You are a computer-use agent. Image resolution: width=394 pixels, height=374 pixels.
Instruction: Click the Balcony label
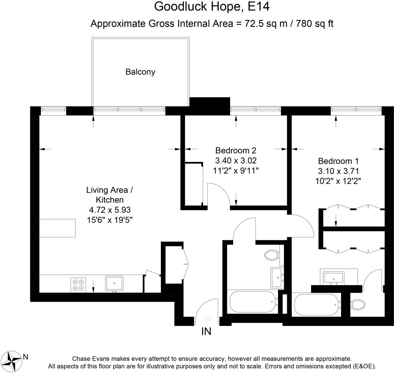coord(140,72)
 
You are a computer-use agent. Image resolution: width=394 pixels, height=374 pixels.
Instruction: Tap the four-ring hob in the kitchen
coord(78,285)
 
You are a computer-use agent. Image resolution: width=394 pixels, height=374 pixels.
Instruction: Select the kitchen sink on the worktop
coord(114,283)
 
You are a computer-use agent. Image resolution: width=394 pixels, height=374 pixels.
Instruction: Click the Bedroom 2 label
coord(236,150)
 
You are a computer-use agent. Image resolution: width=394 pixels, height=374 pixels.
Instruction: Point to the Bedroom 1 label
coord(338,161)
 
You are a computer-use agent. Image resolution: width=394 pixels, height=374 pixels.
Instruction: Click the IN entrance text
coord(206,332)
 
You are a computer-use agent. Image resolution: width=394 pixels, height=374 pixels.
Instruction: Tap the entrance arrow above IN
coord(206,320)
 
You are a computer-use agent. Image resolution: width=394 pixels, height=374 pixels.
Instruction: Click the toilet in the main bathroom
coord(272,255)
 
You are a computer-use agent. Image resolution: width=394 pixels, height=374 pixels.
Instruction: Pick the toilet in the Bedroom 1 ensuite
coord(358,305)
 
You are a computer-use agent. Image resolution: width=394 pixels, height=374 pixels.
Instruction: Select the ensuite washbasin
coord(334,278)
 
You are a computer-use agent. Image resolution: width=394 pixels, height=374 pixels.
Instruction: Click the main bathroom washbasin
coord(277,277)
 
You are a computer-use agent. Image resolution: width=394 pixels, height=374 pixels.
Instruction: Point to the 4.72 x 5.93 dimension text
coord(110,210)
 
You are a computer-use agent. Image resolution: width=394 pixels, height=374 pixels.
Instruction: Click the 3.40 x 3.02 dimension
coord(236,160)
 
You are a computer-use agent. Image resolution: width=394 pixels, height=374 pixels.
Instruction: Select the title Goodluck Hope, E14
coord(212,7)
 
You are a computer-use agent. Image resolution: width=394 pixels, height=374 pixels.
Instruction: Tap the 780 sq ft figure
coord(314,24)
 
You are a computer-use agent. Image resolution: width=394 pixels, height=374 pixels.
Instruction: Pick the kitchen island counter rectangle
coord(57,228)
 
